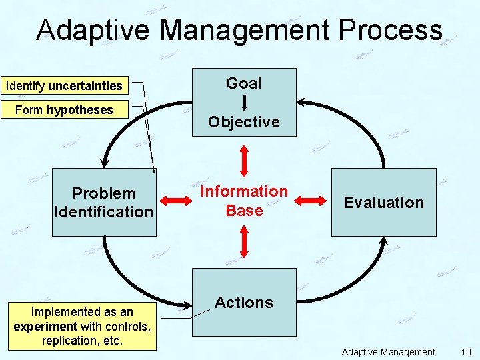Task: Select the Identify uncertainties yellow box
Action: tap(64, 86)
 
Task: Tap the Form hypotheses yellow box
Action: tap(64, 110)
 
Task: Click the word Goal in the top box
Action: tap(244, 83)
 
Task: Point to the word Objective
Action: tap(244, 122)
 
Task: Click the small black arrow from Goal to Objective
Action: tap(245, 102)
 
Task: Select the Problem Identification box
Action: tap(104, 203)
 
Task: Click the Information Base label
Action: tap(244, 201)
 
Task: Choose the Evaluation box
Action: tap(384, 203)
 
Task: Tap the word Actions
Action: tap(244, 303)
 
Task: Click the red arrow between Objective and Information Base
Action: tap(245, 160)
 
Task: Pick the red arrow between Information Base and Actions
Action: tap(245, 242)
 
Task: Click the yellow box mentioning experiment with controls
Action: tap(82, 326)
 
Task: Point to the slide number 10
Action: tap(466, 352)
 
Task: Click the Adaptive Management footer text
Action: tap(388, 352)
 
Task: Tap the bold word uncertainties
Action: tap(85, 86)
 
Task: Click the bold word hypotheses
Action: tap(79, 110)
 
